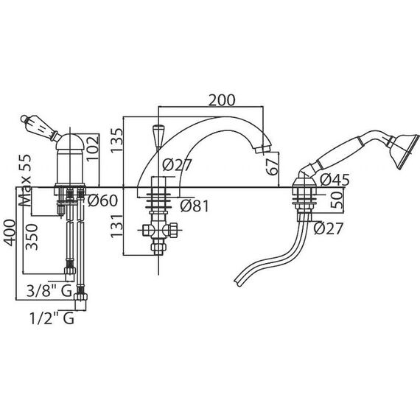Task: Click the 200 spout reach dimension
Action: pyautogui.click(x=222, y=100)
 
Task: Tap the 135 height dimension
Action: pyautogui.click(x=117, y=141)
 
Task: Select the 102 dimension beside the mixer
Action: pyautogui.click(x=93, y=148)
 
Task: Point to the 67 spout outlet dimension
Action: pyautogui.click(x=273, y=167)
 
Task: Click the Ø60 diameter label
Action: pyautogui.click(x=102, y=200)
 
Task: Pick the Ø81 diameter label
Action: pyautogui.click(x=195, y=206)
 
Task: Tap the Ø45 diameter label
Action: pyautogui.click(x=335, y=180)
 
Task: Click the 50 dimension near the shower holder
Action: pyautogui.click(x=337, y=200)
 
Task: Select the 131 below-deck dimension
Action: pyautogui.click(x=116, y=225)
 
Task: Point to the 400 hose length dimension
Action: pyautogui.click(x=10, y=233)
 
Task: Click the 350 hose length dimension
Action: pyautogui.click(x=32, y=237)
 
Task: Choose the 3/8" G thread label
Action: pyautogui.click(x=49, y=291)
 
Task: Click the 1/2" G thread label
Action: pyautogui.click(x=52, y=319)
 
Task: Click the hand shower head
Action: pyautogui.click(x=403, y=152)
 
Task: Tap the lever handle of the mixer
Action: pyautogui.click(x=40, y=127)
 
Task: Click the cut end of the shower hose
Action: pyautogui.click(x=238, y=281)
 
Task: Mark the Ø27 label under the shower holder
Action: pyautogui.click(x=328, y=228)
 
